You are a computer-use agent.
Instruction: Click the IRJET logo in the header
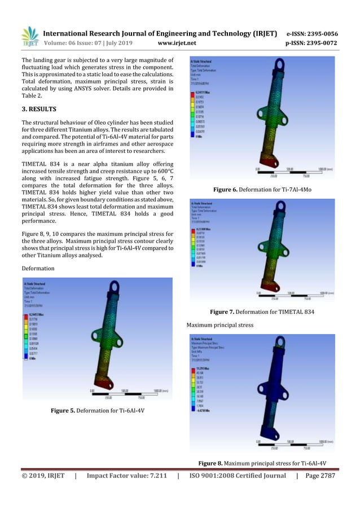coord(30,36)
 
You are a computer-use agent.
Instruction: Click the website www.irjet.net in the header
coord(177,42)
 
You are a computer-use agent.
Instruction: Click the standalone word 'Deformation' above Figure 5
coord(38,268)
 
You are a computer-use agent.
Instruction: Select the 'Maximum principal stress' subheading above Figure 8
coord(219,325)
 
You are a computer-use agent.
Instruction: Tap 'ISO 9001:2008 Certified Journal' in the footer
coord(236,476)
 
